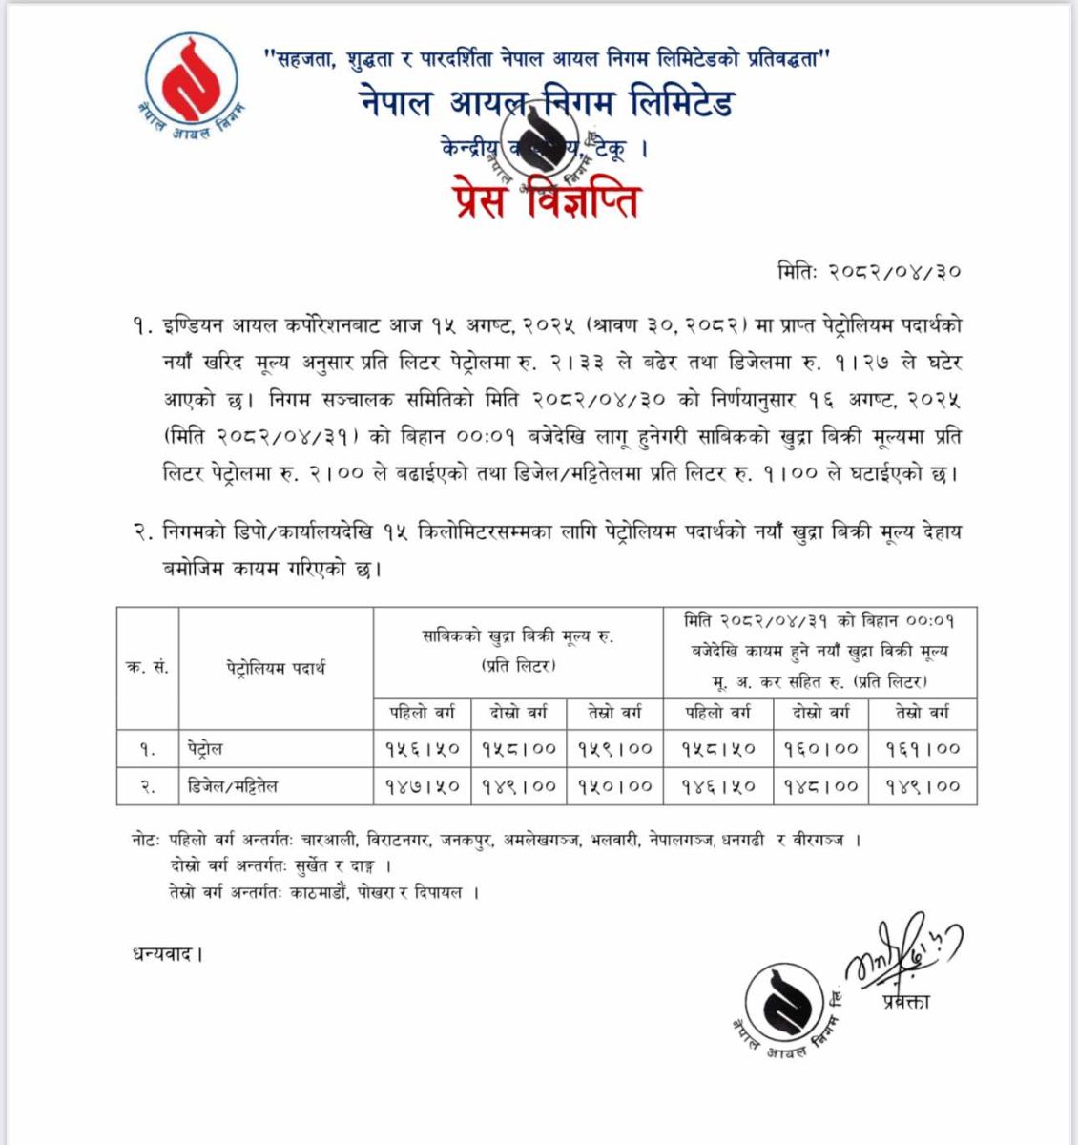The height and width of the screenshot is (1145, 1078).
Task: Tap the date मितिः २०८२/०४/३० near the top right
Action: click(868, 272)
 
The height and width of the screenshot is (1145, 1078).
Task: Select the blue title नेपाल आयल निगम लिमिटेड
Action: click(547, 103)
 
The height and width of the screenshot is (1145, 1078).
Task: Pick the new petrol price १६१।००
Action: click(923, 749)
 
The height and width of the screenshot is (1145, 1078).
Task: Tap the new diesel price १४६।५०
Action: click(717, 787)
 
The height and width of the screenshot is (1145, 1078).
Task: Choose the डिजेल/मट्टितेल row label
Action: click(233, 787)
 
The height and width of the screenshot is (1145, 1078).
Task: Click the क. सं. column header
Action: click(147, 667)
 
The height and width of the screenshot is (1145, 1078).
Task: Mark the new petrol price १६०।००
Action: click(821, 749)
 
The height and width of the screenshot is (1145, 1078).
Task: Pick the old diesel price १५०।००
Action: click(614, 787)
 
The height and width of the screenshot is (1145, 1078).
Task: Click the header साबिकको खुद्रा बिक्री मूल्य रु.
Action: click(518, 637)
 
